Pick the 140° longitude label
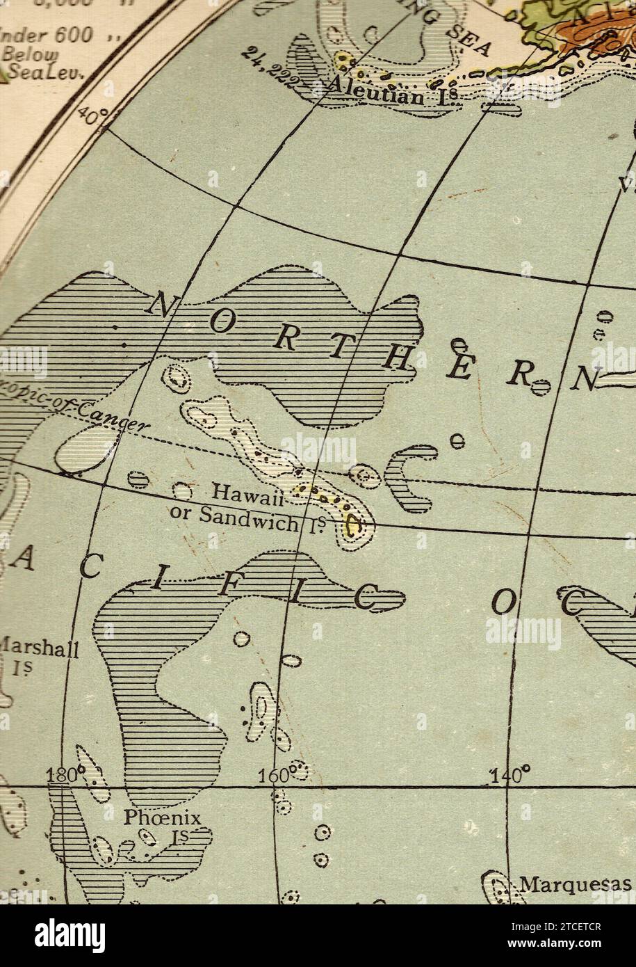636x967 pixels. (x=511, y=774)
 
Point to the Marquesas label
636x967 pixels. (x=576, y=885)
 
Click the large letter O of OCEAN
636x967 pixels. (x=502, y=602)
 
